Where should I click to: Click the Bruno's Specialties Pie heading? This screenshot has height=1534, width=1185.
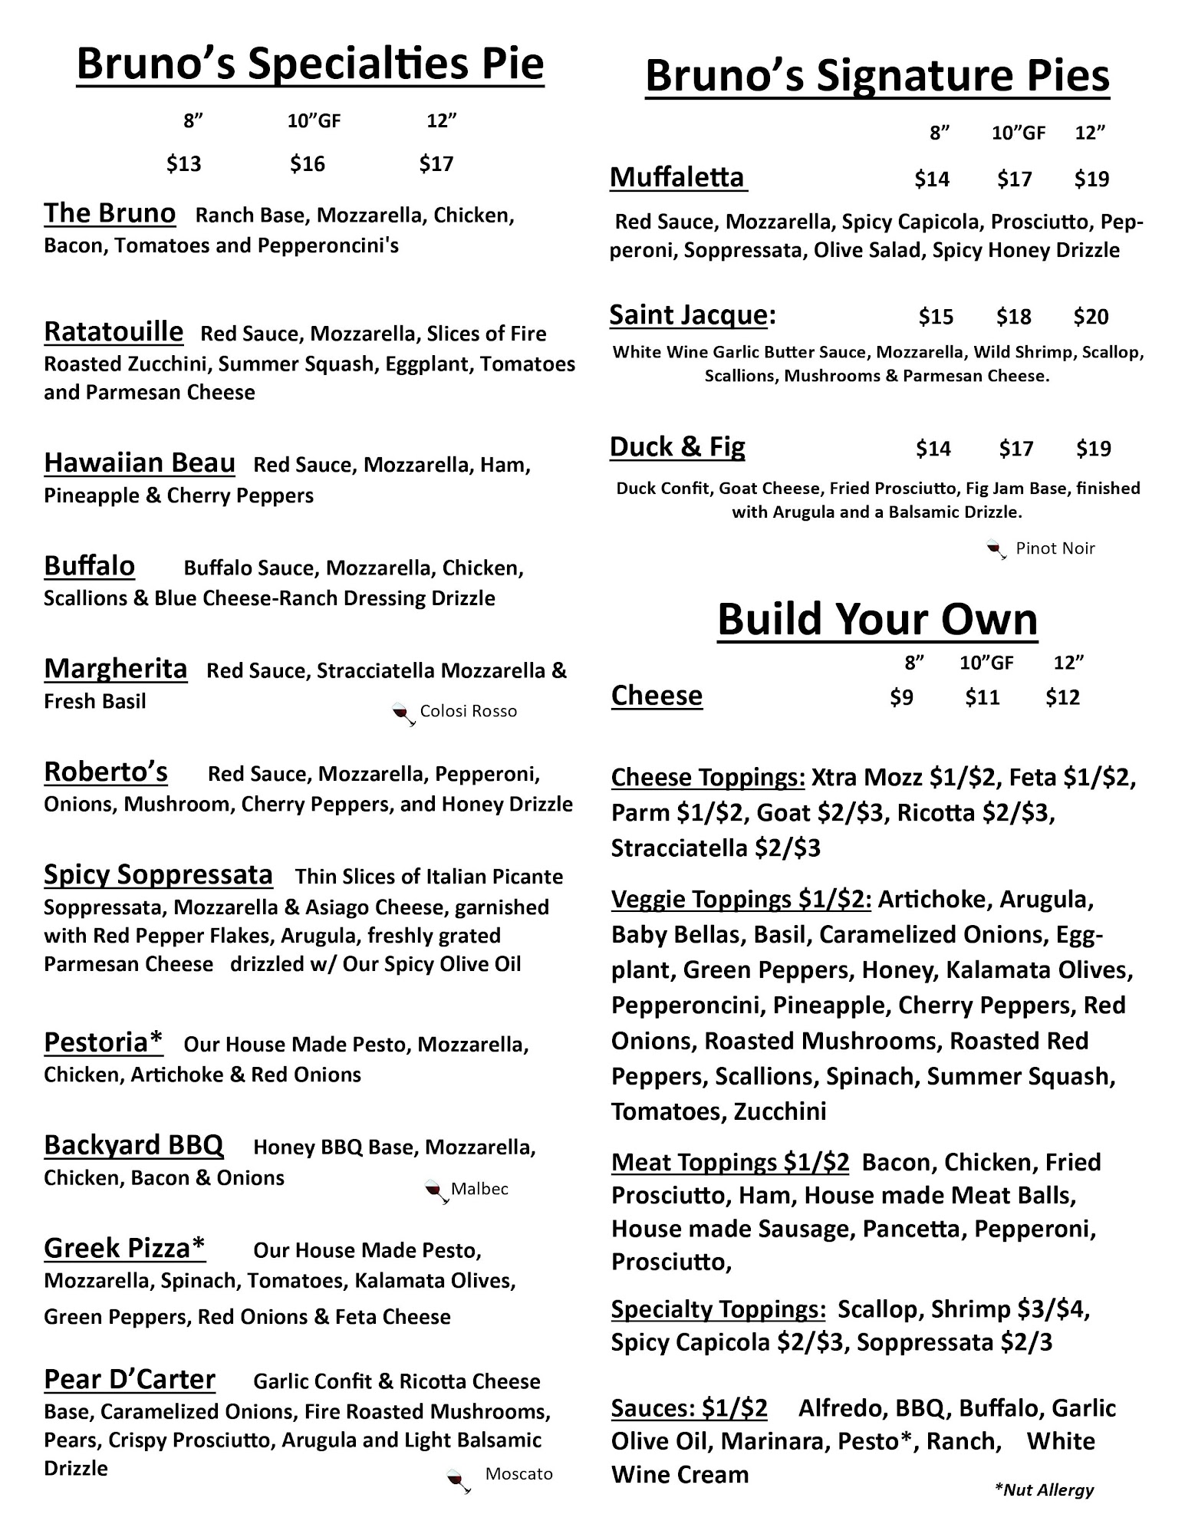tap(310, 64)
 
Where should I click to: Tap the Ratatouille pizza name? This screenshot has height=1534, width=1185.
tap(114, 332)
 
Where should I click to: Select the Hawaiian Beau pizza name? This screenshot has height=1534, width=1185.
tap(140, 463)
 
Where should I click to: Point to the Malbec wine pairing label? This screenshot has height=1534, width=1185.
tap(479, 1189)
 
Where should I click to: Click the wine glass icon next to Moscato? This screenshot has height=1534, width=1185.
tap(459, 1479)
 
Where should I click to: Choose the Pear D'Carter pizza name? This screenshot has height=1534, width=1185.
tap(130, 1379)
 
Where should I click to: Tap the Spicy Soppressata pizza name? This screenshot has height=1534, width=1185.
tap(158, 874)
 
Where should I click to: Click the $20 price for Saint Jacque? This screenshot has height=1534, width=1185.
tap(1091, 317)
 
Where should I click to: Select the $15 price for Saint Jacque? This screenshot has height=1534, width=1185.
tap(936, 317)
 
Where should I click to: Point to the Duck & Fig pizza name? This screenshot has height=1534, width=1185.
tap(677, 446)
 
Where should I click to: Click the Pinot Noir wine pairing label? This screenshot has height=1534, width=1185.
tap(1055, 548)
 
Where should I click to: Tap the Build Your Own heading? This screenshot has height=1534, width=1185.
tap(877, 619)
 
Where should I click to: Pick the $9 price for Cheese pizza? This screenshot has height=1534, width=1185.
tap(901, 697)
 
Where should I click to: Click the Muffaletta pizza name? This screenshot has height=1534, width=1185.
tap(677, 177)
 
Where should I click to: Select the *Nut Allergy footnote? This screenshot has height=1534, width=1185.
tap(1044, 1490)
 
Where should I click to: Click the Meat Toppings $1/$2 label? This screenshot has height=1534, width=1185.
tap(730, 1163)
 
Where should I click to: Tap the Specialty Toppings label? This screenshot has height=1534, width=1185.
tap(718, 1309)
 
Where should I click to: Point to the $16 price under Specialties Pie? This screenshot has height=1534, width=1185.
tap(308, 163)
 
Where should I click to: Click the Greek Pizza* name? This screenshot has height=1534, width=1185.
tap(125, 1248)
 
